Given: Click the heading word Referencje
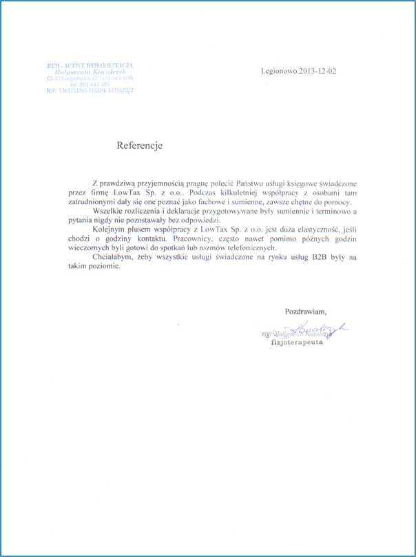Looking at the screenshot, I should click(x=139, y=146).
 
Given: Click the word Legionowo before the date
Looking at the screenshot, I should click(x=276, y=70).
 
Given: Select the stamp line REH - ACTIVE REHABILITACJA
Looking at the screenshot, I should click(x=90, y=65).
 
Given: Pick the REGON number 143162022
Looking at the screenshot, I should click(x=118, y=90).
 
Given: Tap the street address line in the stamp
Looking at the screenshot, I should click(x=90, y=78).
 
